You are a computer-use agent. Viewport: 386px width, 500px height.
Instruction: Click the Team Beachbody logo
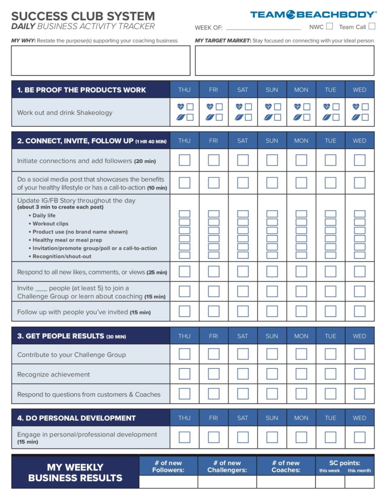[313, 15]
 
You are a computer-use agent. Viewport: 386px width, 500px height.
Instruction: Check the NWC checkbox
[330, 27]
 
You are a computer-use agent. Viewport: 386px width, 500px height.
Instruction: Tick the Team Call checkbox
[371, 27]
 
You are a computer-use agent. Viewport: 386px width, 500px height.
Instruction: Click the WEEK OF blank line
[263, 28]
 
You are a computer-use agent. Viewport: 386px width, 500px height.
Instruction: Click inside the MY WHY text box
[100, 61]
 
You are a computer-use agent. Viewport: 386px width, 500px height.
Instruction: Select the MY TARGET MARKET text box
[284, 61]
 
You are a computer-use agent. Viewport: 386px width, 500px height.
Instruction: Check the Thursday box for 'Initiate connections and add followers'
[184, 160]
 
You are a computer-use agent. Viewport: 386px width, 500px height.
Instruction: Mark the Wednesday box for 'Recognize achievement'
[359, 374]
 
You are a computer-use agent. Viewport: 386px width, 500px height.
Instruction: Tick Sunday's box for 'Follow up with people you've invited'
[272, 311]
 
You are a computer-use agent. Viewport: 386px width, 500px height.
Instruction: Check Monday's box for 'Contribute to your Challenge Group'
[301, 354]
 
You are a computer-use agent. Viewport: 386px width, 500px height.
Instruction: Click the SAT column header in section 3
[242, 336]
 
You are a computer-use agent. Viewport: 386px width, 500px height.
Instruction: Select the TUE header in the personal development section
[330, 418]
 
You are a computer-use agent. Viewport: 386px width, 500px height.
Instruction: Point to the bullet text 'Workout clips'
[50, 224]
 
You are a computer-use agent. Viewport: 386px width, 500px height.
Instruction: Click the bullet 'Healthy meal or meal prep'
[67, 240]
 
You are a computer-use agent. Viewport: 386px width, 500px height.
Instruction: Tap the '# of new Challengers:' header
[227, 467]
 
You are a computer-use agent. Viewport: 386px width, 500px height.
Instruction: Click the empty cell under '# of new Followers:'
[168, 482]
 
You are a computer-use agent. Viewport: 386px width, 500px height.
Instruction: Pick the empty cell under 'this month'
[359, 482]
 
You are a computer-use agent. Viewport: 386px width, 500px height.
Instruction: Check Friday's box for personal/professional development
[213, 437]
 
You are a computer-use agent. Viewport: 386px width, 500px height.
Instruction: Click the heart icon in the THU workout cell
[181, 107]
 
